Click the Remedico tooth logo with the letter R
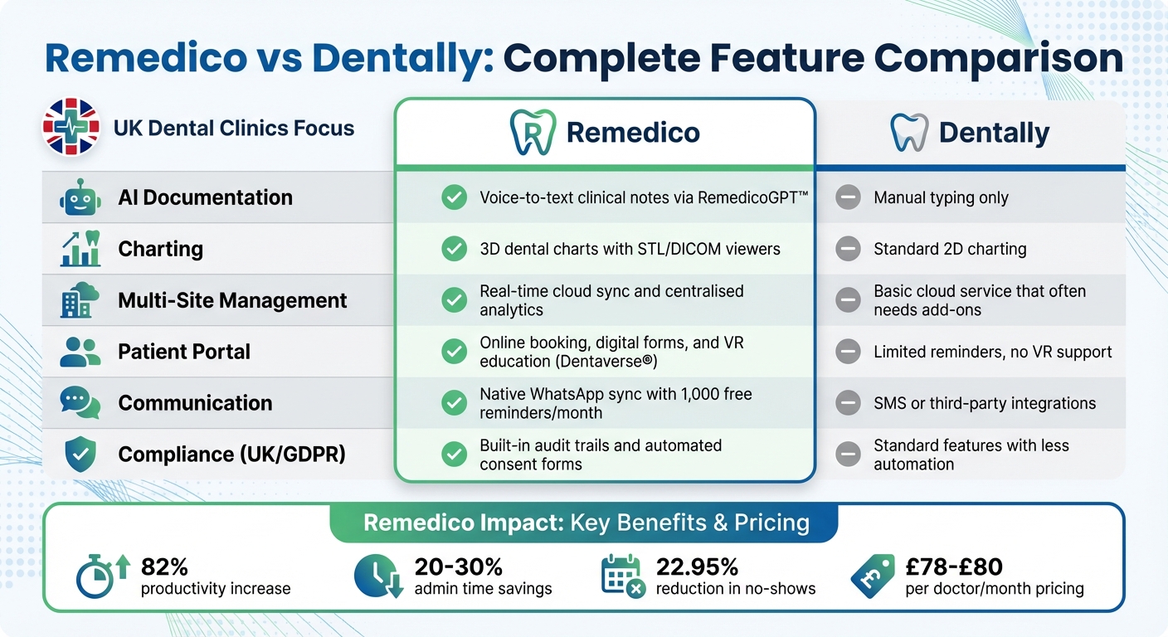pyautogui.click(x=533, y=133)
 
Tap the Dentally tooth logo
pyautogui.click(x=908, y=133)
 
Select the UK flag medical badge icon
pyautogui.click(x=71, y=128)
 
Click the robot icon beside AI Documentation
pyautogui.click(x=80, y=197)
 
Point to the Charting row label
pyautogui.click(x=160, y=249)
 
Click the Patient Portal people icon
pyautogui.click(x=80, y=352)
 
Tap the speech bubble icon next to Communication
pyautogui.click(x=80, y=403)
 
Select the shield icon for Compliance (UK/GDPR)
pyautogui.click(x=80, y=454)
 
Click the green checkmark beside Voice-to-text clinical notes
pyautogui.click(x=454, y=197)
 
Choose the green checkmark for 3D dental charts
pyautogui.click(x=454, y=249)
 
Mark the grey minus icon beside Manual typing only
pyautogui.click(x=848, y=197)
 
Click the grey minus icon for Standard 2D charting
pyautogui.click(x=848, y=249)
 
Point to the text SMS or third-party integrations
pyautogui.click(x=985, y=403)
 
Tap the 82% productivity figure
pyautogui.click(x=165, y=566)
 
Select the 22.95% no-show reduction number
pyautogui.click(x=697, y=566)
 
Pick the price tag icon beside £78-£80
pyautogui.click(x=873, y=576)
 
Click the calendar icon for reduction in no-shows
pyautogui.click(x=622, y=576)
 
